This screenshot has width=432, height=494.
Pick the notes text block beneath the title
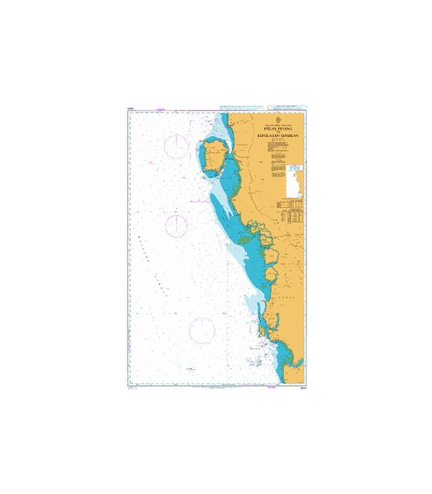coord(275,154)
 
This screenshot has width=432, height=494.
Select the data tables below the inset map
coord(291,211)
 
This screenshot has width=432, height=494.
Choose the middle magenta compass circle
coord(176,226)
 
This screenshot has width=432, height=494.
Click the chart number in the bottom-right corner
coord(301,389)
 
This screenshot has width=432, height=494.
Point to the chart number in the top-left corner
coord(131,109)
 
